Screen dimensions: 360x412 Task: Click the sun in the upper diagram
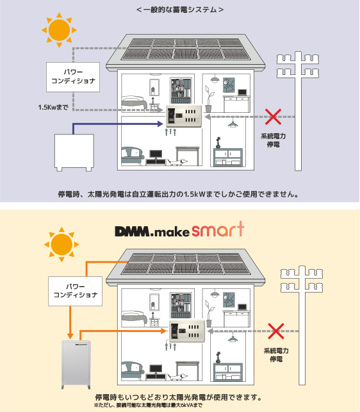click(x=59, y=30)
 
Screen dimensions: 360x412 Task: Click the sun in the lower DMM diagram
click(x=61, y=244)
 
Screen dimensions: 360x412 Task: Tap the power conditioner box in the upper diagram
click(x=73, y=77)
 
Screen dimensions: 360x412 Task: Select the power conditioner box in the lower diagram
click(x=75, y=291)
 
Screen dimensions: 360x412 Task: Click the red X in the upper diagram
click(x=274, y=117)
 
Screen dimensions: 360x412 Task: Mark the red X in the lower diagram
click(x=276, y=331)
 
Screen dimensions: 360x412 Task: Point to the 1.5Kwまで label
click(x=53, y=107)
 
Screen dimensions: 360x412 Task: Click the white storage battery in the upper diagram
click(x=74, y=152)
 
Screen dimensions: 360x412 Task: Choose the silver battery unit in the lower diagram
click(x=76, y=365)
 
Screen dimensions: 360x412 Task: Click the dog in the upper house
click(x=177, y=162)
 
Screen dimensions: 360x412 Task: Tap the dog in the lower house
click(x=177, y=377)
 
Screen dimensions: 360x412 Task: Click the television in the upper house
click(x=156, y=155)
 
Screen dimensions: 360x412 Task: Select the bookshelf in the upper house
click(x=181, y=90)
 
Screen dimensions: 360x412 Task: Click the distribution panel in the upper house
click(x=184, y=116)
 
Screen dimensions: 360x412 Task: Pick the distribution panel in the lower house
click(x=186, y=331)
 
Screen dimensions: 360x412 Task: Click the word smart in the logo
click(x=218, y=229)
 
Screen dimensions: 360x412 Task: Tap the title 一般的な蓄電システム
click(x=180, y=10)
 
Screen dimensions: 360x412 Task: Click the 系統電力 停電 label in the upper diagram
click(x=274, y=140)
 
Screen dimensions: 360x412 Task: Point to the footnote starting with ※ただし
click(x=148, y=405)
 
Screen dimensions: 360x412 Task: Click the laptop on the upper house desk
click(x=242, y=92)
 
